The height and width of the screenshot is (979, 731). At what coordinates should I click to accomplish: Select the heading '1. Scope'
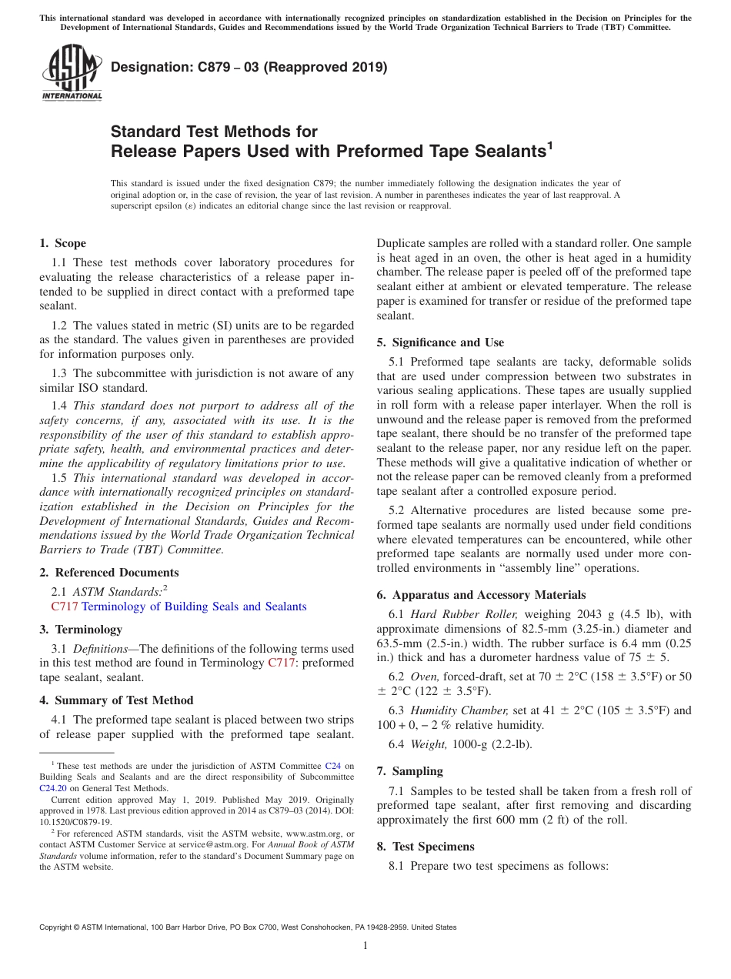coord(62,243)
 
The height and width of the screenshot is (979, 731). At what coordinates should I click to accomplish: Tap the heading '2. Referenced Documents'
coord(108,573)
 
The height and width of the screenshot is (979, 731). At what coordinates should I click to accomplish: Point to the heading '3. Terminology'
coord(80,630)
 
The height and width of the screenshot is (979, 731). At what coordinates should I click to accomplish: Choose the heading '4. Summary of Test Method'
coord(116,700)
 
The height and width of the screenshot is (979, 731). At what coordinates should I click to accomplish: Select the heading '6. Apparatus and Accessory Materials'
coord(481,595)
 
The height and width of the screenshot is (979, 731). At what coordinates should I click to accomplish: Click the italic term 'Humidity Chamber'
coord(459,710)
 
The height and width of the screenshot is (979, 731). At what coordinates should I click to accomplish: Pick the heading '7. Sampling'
coord(409,771)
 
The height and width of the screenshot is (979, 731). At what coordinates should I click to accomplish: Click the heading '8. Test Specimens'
coord(425,847)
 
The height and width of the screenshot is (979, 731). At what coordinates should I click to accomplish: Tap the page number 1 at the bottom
coord(365,946)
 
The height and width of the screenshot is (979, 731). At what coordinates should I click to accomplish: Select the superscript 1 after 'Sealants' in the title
coord(549,144)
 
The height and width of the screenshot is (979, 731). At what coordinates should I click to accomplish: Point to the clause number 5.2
coord(396,510)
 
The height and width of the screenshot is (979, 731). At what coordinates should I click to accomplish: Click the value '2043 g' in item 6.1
coord(578,614)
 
